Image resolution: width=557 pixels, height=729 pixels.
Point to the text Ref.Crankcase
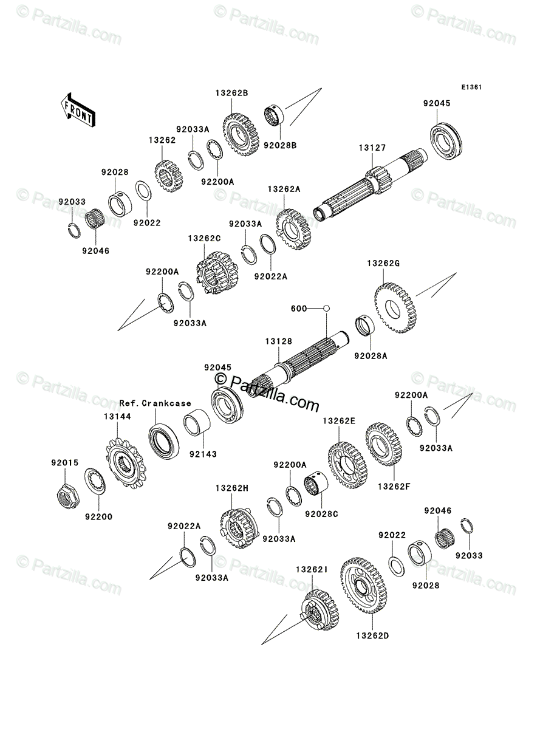coord(155,403)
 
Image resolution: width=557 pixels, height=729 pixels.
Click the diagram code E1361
coord(471,87)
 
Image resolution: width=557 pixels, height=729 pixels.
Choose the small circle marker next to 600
coord(326,309)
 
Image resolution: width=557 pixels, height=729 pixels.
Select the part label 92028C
coord(323,514)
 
